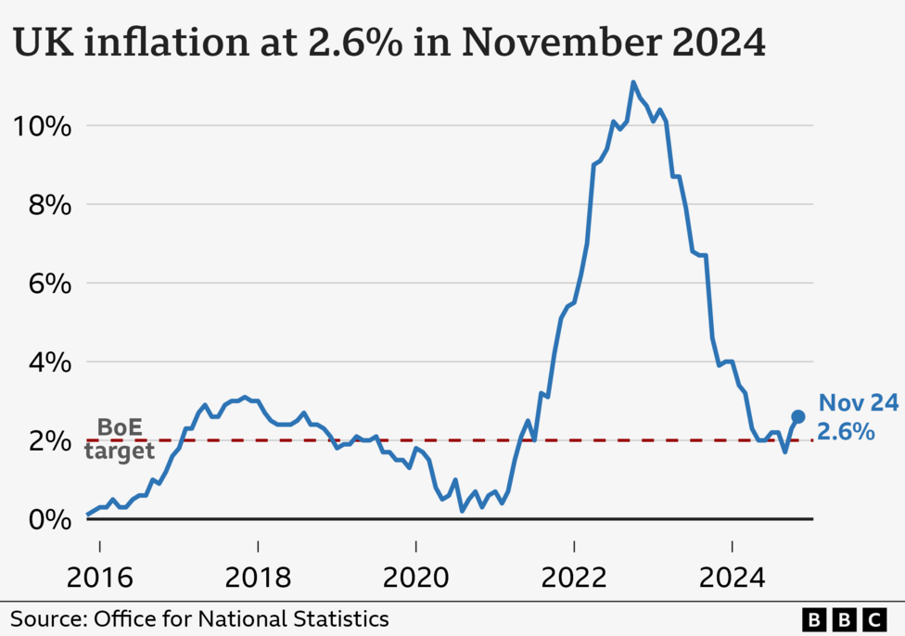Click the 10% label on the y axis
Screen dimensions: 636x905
pyautogui.click(x=41, y=126)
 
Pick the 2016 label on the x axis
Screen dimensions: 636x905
pyautogui.click(x=99, y=579)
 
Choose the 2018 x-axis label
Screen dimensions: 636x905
pyautogui.click(x=258, y=579)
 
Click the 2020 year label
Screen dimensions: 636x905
pyautogui.click(x=415, y=579)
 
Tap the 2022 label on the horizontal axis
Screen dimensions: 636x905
pyautogui.click(x=574, y=579)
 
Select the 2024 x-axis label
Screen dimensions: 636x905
pyautogui.click(x=732, y=579)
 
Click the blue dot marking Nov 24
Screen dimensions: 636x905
pyautogui.click(x=797, y=417)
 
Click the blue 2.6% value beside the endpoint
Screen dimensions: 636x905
pyautogui.click(x=846, y=431)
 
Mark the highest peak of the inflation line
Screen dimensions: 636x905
pyautogui.click(x=633, y=83)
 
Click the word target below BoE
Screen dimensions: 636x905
pyautogui.click(x=119, y=452)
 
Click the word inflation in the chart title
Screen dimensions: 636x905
pyautogui.click(x=169, y=43)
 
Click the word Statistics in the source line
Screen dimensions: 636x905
pyautogui.click(x=342, y=618)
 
